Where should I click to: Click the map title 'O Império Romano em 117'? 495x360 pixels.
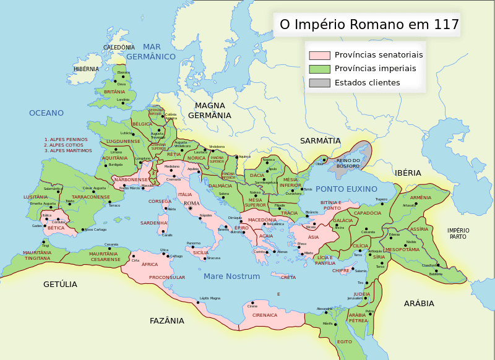[x=369, y=25]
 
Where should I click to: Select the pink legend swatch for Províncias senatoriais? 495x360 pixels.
[x=319, y=55]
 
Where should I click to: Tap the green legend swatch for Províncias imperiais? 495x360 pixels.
[x=319, y=69]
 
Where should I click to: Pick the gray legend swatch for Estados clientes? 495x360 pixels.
[x=319, y=83]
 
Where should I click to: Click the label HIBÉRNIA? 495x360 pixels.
[x=86, y=69]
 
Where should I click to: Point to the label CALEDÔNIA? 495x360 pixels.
[x=119, y=48]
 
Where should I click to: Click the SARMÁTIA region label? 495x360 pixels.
[x=321, y=141]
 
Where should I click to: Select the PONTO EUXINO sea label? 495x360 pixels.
[x=346, y=189]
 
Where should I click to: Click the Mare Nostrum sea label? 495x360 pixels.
[x=231, y=276]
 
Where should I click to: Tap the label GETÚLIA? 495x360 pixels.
[x=60, y=285]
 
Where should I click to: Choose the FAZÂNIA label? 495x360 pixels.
[x=167, y=321]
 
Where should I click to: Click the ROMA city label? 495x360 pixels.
[x=192, y=204]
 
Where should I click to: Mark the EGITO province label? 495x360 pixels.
[x=344, y=341]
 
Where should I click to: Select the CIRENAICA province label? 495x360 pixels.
[x=265, y=315]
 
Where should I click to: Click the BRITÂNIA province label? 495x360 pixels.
[x=114, y=92]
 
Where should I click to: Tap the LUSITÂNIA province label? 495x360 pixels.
[x=35, y=197]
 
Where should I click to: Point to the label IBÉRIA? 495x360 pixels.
[x=408, y=173]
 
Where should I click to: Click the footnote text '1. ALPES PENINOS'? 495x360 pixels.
[x=66, y=139]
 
